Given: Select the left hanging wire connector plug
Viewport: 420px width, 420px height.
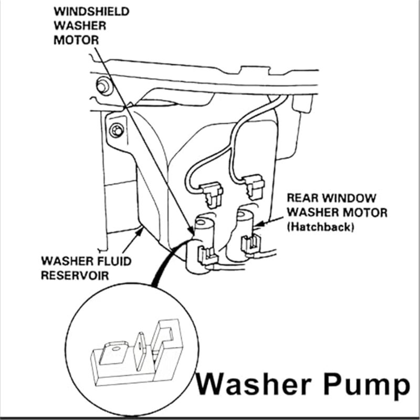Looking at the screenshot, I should pos(212,192).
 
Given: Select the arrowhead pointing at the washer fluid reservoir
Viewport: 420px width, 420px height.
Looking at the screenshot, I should pos(139,229).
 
